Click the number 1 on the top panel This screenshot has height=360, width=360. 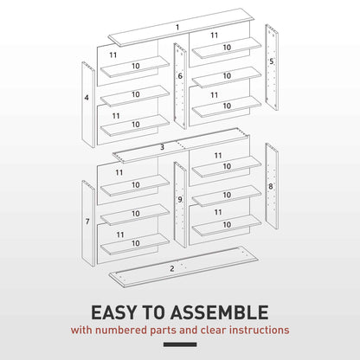click(177, 28)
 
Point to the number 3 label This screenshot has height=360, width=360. click(162, 148)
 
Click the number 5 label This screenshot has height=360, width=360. click(271, 62)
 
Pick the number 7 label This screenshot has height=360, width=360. click(87, 222)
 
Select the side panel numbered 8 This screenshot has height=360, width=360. click(271, 185)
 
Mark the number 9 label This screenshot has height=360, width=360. click(180, 200)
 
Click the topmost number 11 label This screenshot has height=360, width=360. click(215, 35)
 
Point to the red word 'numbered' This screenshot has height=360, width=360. click(119, 330)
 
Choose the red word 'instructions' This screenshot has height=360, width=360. click(259, 330)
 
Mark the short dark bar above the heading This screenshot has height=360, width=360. click(179, 294)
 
